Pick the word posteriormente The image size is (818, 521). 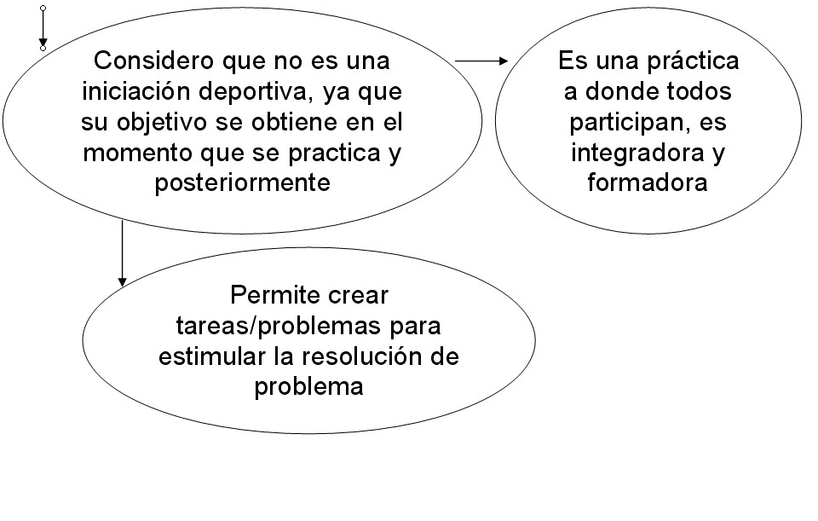pyautogui.click(x=242, y=183)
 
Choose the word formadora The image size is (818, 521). pyautogui.click(x=648, y=183)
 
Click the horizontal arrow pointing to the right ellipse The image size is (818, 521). pyautogui.click(x=482, y=61)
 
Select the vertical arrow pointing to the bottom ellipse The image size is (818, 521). pyautogui.click(x=122, y=252)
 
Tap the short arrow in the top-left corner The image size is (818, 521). pyautogui.click(x=43, y=28)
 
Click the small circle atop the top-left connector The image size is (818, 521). pyautogui.click(x=43, y=9)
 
